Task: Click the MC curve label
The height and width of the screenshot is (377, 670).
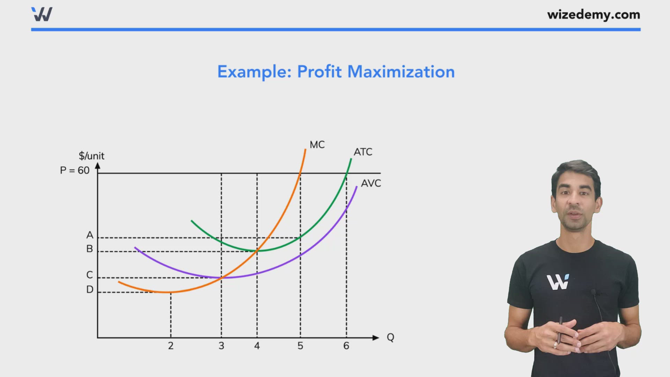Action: [317, 145]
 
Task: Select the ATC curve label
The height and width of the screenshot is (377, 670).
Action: [363, 152]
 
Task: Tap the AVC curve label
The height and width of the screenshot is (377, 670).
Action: [371, 183]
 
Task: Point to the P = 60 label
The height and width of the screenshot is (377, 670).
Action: [75, 170]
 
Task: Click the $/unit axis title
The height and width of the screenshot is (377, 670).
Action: [91, 156]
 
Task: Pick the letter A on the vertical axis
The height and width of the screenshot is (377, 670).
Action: [90, 235]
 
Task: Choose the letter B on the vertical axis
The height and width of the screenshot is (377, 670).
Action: [90, 249]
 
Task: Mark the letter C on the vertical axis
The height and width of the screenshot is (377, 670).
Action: [90, 275]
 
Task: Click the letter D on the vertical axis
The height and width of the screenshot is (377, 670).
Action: [90, 289]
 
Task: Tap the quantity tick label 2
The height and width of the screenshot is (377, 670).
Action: [171, 346]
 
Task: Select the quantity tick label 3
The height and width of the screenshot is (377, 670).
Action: [221, 346]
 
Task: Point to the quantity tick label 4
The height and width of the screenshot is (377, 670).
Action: [257, 346]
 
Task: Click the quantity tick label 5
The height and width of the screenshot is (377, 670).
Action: [300, 346]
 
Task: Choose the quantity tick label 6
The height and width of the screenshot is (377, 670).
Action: [346, 346]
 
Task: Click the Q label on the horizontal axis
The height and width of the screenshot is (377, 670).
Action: [390, 337]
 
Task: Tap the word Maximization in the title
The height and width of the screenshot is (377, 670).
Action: [401, 72]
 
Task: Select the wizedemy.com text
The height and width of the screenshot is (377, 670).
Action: [594, 15]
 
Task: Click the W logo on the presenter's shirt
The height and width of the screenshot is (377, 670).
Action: [558, 282]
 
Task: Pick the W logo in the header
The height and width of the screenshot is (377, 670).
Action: [42, 14]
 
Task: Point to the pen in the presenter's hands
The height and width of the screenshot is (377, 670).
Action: [559, 330]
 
